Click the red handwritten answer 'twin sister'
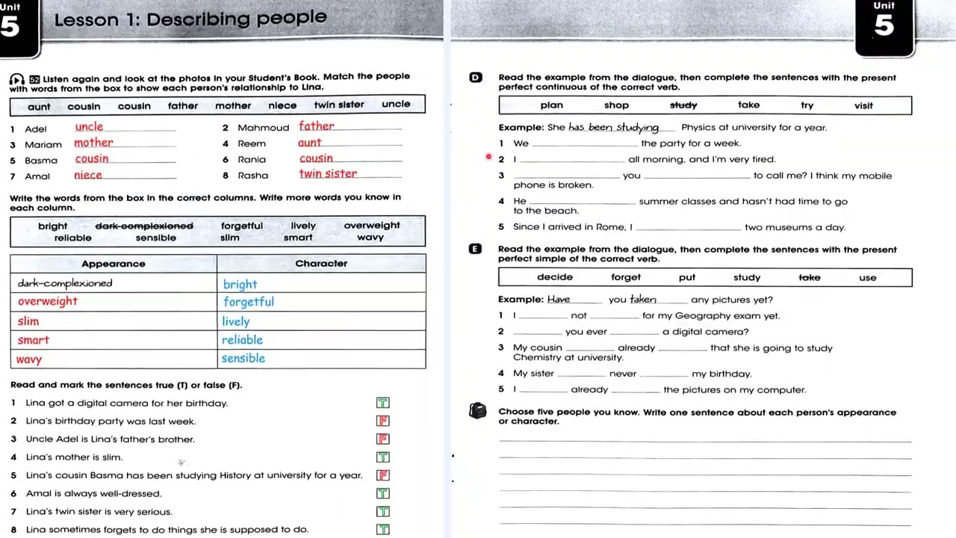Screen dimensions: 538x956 [328, 174]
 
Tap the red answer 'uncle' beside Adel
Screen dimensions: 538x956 [89, 127]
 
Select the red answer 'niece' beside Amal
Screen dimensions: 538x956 [88, 176]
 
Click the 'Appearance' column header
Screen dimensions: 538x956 [114, 264]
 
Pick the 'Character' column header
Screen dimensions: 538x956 [321, 264]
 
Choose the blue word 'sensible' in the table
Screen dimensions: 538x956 [243, 359]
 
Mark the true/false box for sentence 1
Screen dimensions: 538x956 [383, 403]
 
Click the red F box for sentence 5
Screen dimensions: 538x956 [383, 475]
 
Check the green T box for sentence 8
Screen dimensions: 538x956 [383, 530]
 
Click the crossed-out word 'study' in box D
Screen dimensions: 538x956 [683, 105]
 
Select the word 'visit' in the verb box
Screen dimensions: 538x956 [863, 105]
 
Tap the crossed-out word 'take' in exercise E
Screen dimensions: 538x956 [810, 278]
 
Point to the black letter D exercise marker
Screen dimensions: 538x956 [476, 78]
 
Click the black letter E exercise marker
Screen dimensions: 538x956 [476, 250]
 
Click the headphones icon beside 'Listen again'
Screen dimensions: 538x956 [17, 80]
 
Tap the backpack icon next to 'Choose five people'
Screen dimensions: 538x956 [478, 411]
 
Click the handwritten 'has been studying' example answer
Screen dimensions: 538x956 [614, 128]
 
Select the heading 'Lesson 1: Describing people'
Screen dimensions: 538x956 [190, 19]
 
